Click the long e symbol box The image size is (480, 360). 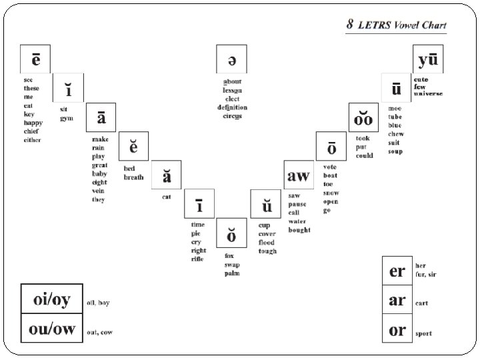[x=35, y=59]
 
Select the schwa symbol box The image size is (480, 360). [x=231, y=59]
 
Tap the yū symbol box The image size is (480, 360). [x=428, y=59]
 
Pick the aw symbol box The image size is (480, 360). [x=298, y=176]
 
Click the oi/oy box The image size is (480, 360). [x=51, y=301]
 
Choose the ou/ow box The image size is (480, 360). [x=51, y=329]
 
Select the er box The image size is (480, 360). [x=397, y=271]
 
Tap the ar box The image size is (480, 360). [x=397, y=301]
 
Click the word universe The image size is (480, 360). [x=428, y=94]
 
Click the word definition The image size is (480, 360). [x=232, y=107]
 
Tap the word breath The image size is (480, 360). [x=133, y=177]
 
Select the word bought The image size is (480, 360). [x=299, y=230]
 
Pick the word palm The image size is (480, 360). [x=231, y=273]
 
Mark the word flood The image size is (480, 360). [x=267, y=243]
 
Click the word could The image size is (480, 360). [x=364, y=155]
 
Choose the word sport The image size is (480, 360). [x=423, y=333]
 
